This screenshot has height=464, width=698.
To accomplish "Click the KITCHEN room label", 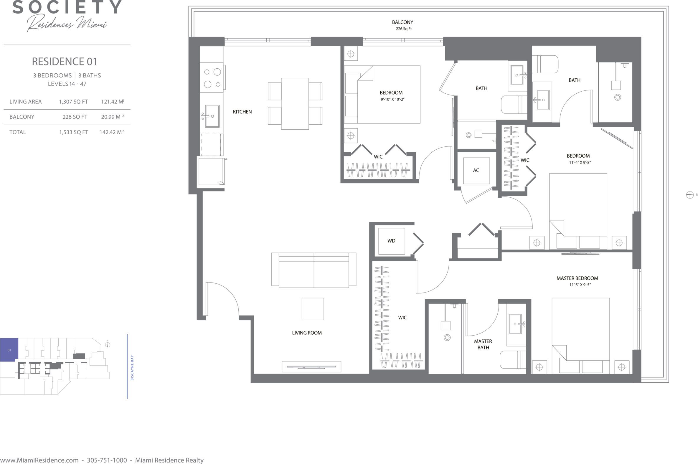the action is (242, 112).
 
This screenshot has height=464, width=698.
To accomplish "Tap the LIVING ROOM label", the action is (306, 333).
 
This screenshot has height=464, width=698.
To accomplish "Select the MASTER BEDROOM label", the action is (577, 278).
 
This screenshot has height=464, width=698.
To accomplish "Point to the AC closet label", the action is (476, 171).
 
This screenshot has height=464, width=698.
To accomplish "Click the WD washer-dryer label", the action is (391, 241).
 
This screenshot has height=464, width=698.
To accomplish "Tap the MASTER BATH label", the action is (483, 344).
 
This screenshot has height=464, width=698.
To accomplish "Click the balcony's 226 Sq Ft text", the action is (404, 29).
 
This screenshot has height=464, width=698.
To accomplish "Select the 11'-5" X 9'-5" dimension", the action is (580, 285).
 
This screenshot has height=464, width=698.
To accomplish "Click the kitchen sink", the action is (212, 116).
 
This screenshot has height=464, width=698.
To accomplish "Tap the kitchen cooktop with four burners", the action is (212, 77).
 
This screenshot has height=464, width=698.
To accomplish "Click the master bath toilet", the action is (513, 360).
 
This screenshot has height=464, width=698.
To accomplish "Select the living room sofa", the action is (313, 270).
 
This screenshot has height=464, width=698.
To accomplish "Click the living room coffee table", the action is (312, 309).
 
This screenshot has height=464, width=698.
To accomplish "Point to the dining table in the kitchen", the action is (295, 104).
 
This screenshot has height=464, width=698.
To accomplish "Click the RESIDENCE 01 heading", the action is (65, 62).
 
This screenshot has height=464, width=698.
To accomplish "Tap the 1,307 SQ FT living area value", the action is (73, 102).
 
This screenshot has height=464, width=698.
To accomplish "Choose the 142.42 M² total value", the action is (112, 132).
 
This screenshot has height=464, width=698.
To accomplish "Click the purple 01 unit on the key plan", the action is (9, 350).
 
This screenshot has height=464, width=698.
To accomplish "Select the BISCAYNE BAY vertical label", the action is (132, 368).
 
